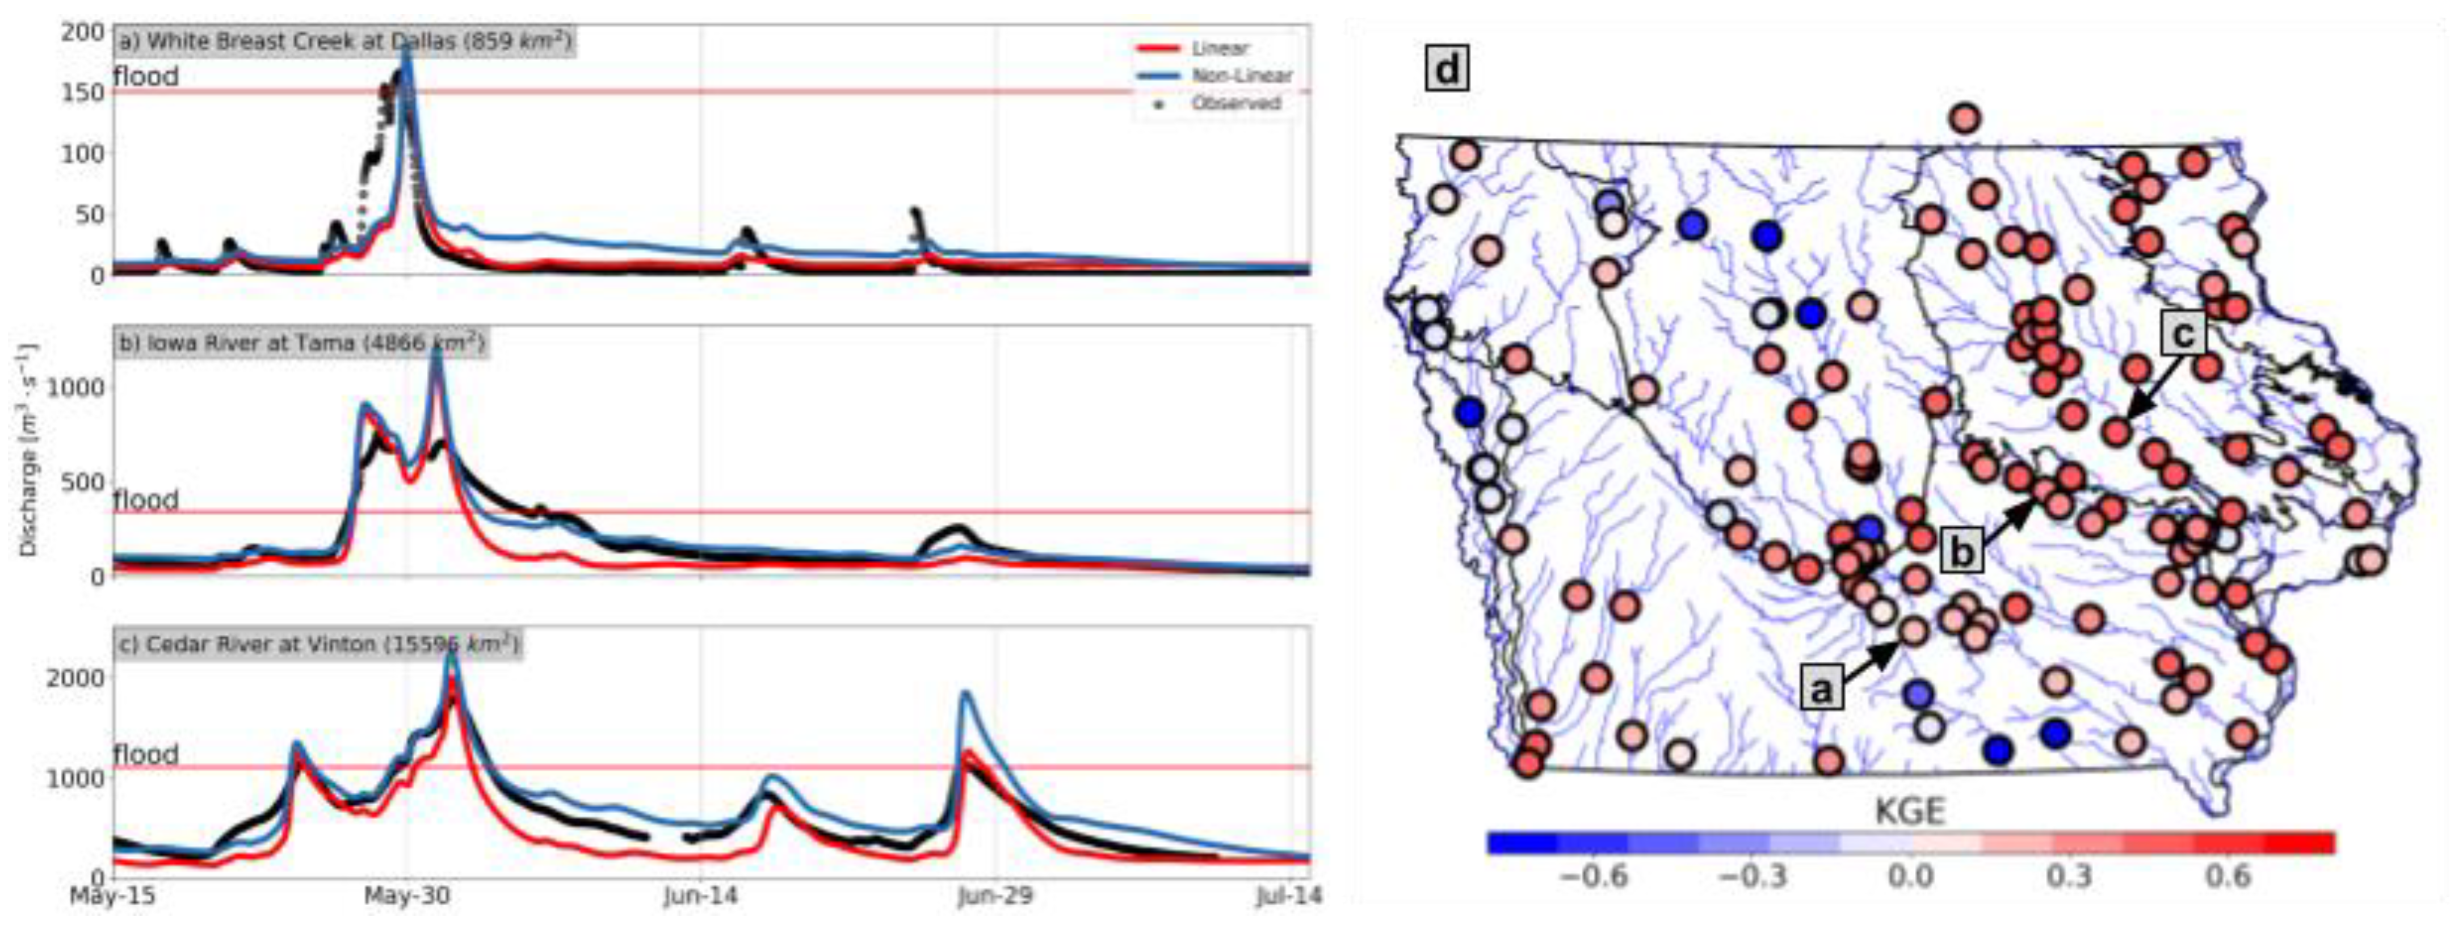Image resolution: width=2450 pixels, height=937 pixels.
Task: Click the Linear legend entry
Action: pos(1219,48)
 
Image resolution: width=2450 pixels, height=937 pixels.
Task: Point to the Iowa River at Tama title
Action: pos(301,343)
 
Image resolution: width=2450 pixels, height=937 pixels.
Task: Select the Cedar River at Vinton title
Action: pos(318,645)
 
